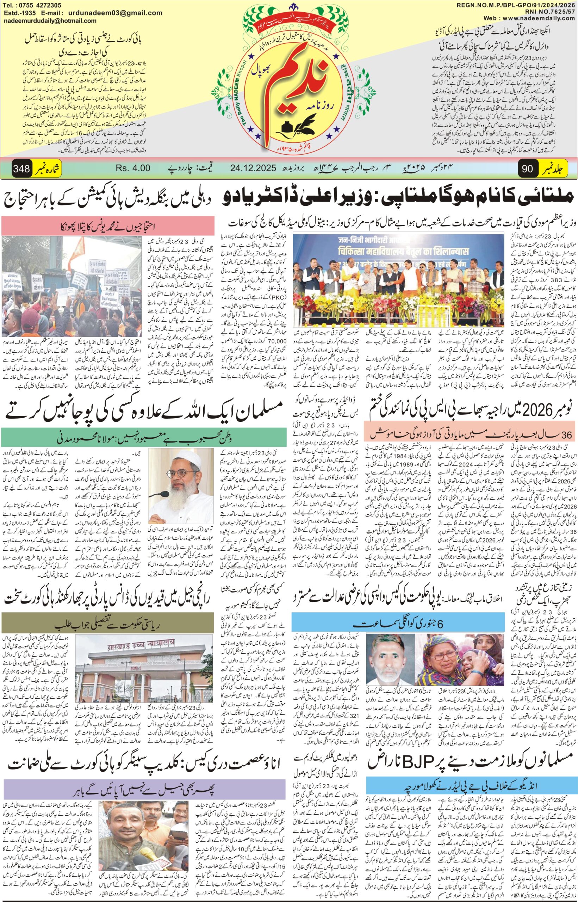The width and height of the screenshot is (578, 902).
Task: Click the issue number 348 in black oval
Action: click(x=21, y=168)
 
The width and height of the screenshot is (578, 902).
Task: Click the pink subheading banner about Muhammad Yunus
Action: click(x=108, y=227)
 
